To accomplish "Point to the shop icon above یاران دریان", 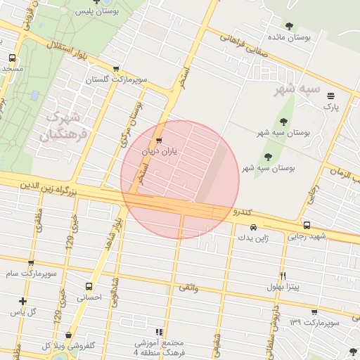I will click(158, 140).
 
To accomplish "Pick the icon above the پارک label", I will click(330, 96).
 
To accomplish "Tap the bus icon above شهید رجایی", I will click(307, 225).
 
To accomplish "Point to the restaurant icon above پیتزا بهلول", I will click(283, 275).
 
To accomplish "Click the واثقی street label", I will click(188, 288).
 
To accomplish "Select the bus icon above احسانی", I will click(89, 287).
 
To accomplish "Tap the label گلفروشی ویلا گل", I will click(68, 345).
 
